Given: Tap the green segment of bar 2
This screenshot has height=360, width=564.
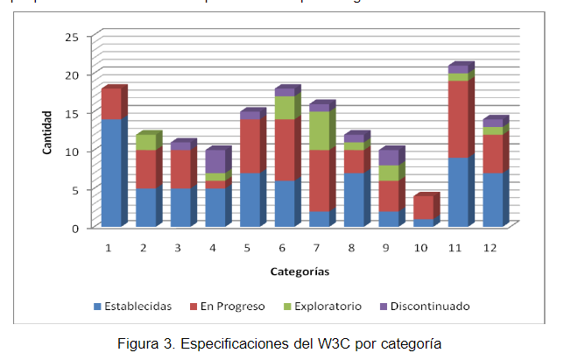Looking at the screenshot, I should [146, 143].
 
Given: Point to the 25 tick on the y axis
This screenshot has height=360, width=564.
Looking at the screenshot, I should [71, 36].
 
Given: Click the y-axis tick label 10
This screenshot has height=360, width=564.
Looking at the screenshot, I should [71, 151].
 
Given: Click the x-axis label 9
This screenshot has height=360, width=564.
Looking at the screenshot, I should [385, 249].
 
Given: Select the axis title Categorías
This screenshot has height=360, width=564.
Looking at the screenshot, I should [300, 272].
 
